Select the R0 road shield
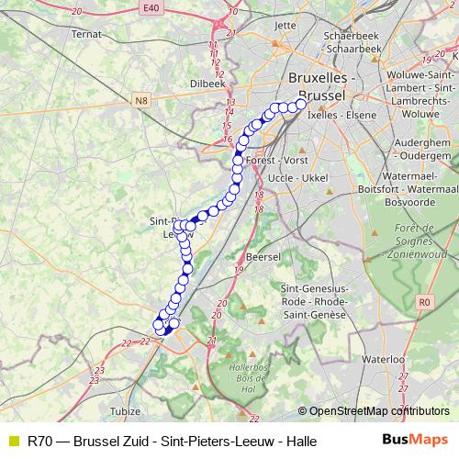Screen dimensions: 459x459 click(424, 300)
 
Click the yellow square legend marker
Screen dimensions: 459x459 click(12, 441)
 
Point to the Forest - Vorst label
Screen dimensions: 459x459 click(277, 160)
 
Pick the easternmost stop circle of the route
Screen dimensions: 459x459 click(301, 104)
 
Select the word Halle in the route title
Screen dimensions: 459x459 click(301, 441)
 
